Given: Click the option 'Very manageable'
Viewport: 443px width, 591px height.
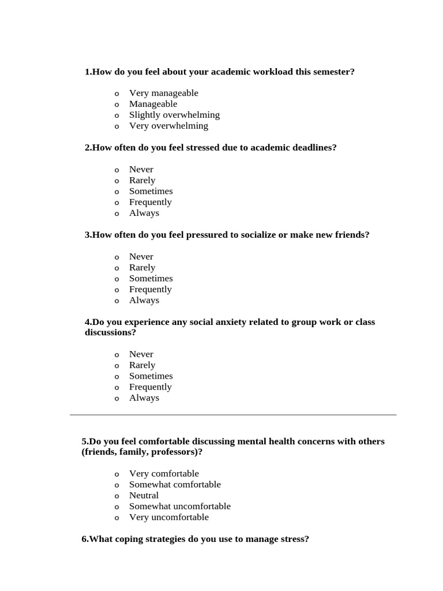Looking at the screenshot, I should [163, 93].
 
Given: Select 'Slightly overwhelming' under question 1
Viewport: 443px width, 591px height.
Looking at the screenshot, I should [174, 115].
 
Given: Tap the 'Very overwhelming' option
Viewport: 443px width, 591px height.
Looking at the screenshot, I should [168, 126].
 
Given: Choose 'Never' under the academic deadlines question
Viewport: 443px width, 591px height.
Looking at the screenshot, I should [141, 169].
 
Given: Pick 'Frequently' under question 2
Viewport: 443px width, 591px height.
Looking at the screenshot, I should [150, 202].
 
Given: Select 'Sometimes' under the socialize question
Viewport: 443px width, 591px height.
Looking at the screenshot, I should [151, 278].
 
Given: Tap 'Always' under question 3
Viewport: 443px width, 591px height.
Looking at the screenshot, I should [144, 300].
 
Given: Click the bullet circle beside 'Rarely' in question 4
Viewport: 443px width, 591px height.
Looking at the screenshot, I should [117, 366].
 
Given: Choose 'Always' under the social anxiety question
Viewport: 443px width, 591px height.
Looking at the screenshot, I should [144, 398].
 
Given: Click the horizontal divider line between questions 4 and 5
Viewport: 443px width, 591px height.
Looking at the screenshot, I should [233, 414].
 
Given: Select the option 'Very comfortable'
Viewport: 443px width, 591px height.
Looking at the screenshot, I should [164, 474].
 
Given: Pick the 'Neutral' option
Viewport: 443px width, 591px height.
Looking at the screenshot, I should [144, 496].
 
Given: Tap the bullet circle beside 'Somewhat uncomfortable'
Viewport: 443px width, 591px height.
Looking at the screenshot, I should [117, 507].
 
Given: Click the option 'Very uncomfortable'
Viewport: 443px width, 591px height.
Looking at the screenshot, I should [168, 518].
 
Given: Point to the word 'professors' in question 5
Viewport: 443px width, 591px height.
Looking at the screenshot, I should [173, 452].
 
